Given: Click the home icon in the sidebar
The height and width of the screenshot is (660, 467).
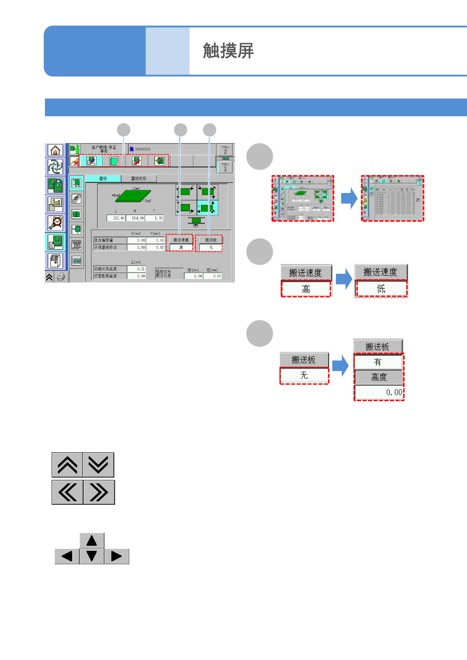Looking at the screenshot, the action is pos(55,150).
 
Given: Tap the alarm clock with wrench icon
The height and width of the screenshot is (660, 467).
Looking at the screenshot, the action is pos(55,223).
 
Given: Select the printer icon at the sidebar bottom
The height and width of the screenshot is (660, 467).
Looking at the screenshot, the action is pos(61,277).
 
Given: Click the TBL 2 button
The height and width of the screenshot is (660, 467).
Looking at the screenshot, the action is pos(225,150).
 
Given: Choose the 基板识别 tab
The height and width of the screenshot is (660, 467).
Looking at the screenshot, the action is pos(139,178).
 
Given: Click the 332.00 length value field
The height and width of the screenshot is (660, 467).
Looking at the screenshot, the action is pos(116,218).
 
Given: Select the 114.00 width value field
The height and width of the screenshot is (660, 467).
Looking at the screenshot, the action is pos(136,218).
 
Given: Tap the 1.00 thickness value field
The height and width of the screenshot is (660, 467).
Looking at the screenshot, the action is pos(154,218).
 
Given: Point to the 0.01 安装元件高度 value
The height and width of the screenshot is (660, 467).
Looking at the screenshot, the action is pos(136,269).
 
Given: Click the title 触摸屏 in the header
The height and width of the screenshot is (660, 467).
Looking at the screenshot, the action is pos(228,51).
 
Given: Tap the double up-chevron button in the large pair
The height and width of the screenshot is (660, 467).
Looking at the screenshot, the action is pos(67,465).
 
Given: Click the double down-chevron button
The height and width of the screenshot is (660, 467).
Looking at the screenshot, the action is pos(99,465).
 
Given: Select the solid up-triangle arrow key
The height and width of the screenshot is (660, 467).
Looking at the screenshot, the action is pos(92,541).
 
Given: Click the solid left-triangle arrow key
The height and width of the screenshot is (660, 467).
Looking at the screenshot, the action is pos(67,556).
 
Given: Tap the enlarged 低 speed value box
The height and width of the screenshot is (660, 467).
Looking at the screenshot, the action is pos(381,289).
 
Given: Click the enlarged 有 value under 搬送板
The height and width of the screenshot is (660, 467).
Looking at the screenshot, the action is pos(378,362).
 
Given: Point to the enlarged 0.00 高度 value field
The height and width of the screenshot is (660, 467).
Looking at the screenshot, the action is pos(379,392).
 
